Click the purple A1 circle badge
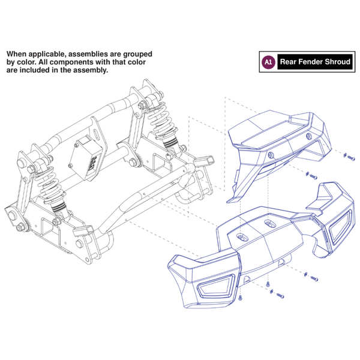pos(268,61)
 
